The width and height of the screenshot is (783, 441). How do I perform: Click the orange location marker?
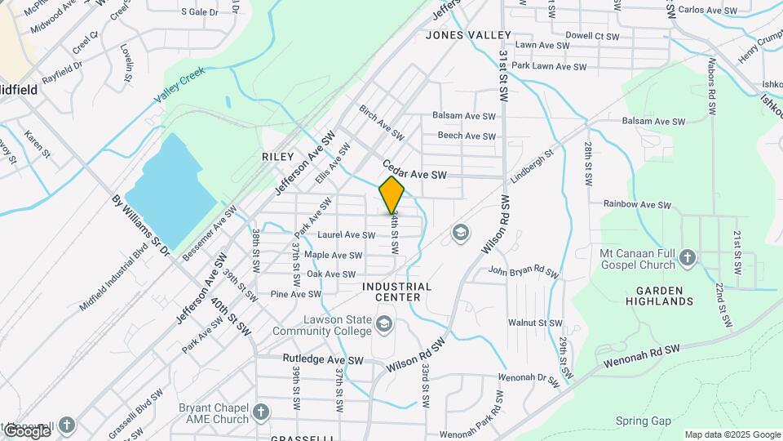pos(391,195)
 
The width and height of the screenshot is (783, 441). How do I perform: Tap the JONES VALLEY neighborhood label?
pos(468,35)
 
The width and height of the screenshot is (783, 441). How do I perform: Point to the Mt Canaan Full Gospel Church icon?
pos(688,258)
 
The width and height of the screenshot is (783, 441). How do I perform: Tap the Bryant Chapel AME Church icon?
pos(261,412)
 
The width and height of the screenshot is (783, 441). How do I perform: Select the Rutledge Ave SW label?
pos(323,359)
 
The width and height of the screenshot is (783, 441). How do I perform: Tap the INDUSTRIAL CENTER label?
pos(397,292)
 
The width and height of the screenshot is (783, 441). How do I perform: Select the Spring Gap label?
pos(643,421)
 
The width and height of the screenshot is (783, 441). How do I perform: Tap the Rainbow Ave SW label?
pos(636,203)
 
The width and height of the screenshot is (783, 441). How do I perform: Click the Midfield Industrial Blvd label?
pos(116,280)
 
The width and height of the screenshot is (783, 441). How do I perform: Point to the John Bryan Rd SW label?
pos(523,271)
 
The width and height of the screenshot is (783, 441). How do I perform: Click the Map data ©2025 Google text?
pos(732,434)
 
